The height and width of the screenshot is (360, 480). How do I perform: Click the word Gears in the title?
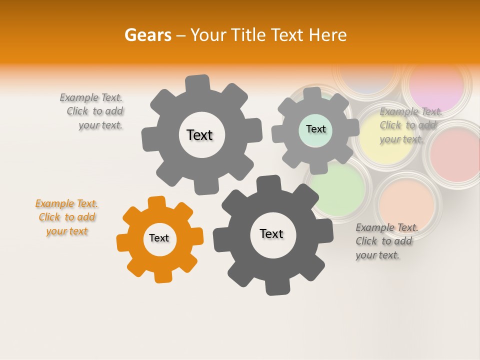[147, 35]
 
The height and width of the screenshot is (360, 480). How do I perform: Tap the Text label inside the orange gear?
[159, 238]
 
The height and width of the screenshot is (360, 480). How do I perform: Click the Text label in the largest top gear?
[199, 135]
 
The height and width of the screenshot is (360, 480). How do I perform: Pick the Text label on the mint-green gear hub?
[315, 129]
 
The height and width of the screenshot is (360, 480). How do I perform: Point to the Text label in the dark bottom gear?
[271, 234]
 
